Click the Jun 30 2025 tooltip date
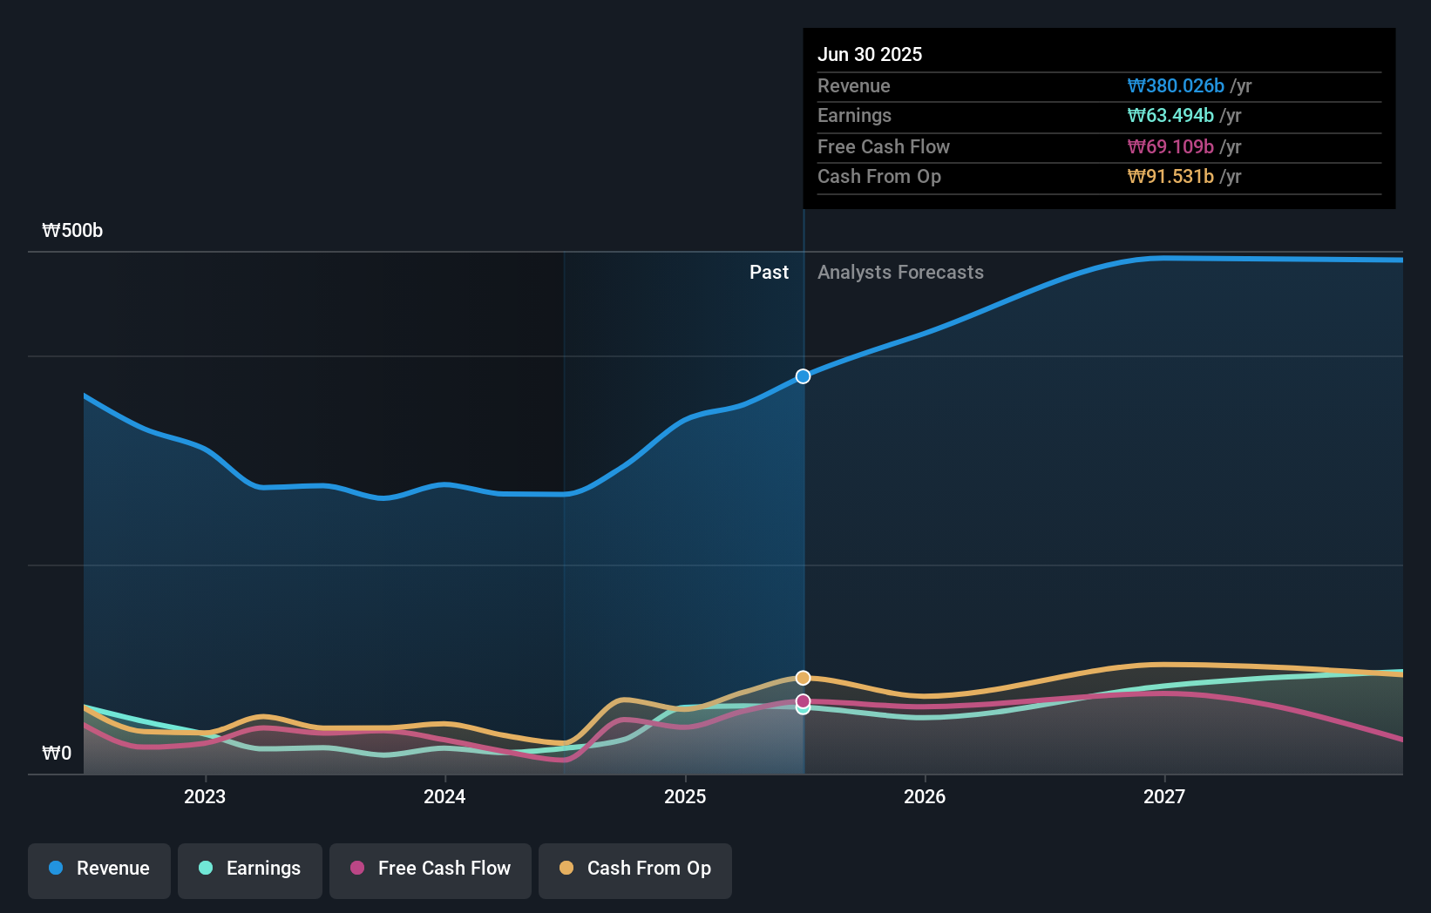(x=869, y=54)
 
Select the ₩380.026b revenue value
(x=1175, y=85)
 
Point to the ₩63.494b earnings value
(x=1170, y=115)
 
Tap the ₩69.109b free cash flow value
(x=1170, y=146)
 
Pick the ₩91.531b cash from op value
(x=1170, y=176)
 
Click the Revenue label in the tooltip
(x=853, y=85)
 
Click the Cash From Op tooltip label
(x=878, y=176)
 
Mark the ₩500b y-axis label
(x=72, y=230)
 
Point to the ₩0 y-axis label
(x=57, y=753)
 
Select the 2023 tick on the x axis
(x=205, y=796)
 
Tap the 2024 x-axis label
(x=444, y=796)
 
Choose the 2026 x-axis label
(x=925, y=796)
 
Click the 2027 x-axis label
(x=1164, y=796)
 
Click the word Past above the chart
(x=769, y=272)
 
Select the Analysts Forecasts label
(x=900, y=272)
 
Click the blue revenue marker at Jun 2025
(x=803, y=376)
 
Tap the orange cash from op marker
(x=803, y=678)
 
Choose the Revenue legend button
(x=99, y=869)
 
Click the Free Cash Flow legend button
(x=431, y=869)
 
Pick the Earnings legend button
(x=250, y=869)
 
